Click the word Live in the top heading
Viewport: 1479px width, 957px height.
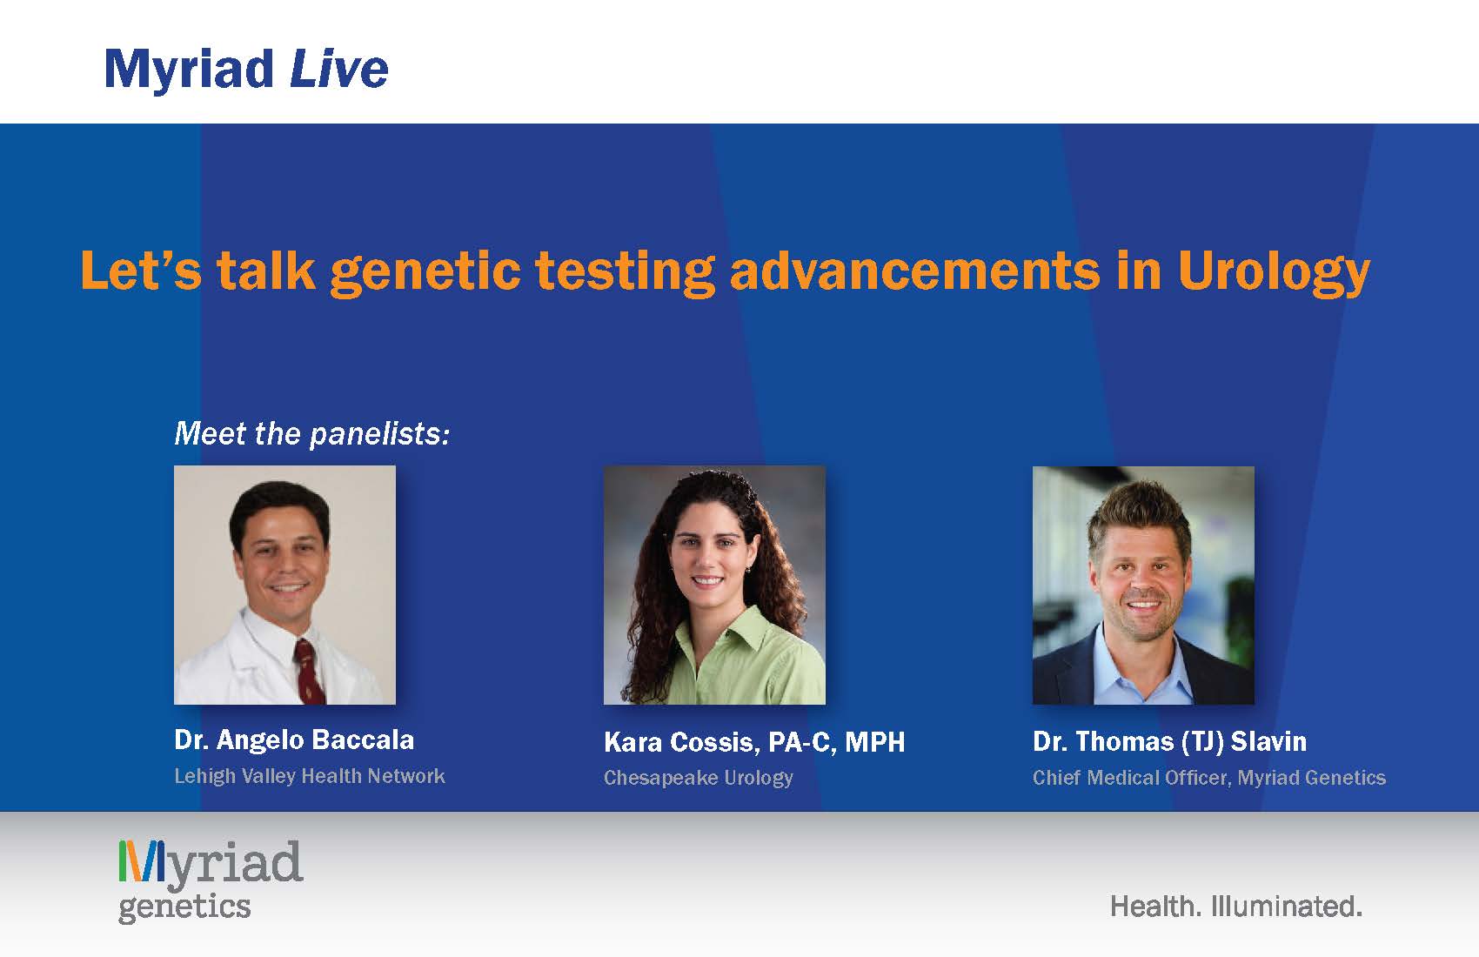pos(339,69)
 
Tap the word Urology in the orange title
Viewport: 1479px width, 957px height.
pos(1275,273)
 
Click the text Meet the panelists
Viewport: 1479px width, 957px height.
pos(311,434)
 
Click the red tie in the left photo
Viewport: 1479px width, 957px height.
pos(309,671)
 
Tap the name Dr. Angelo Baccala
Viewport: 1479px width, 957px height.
pos(294,739)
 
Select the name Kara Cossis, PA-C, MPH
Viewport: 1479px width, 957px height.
pos(754,742)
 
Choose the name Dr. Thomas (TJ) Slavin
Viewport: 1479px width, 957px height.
pos(1169,741)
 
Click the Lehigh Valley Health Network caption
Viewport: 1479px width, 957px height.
pos(310,776)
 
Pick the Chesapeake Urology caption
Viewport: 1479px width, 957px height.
pos(699,778)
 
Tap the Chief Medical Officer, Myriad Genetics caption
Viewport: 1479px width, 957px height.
pos(1209,778)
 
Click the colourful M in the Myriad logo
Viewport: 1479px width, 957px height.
pos(141,861)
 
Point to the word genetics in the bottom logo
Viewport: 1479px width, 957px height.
pos(184,907)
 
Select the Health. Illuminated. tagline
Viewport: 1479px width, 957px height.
pos(1236,907)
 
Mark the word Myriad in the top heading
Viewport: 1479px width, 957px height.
pos(189,70)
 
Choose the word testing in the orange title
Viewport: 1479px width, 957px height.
pos(625,273)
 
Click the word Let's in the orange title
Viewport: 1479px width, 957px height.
pos(141,270)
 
